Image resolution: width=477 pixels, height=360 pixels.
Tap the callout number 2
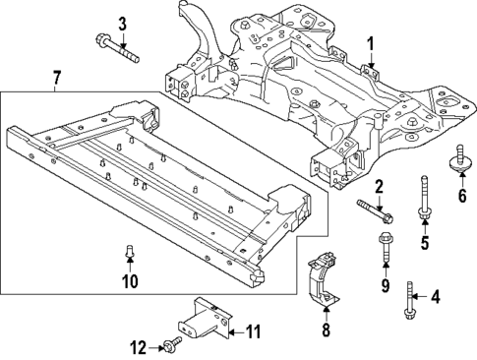point(378,186)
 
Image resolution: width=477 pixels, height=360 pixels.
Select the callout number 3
point(123,23)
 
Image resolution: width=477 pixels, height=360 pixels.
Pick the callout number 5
point(426,242)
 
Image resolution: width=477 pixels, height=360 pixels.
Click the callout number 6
point(460,195)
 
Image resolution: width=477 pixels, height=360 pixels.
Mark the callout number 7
point(56,77)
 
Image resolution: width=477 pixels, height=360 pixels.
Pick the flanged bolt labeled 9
point(384,250)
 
